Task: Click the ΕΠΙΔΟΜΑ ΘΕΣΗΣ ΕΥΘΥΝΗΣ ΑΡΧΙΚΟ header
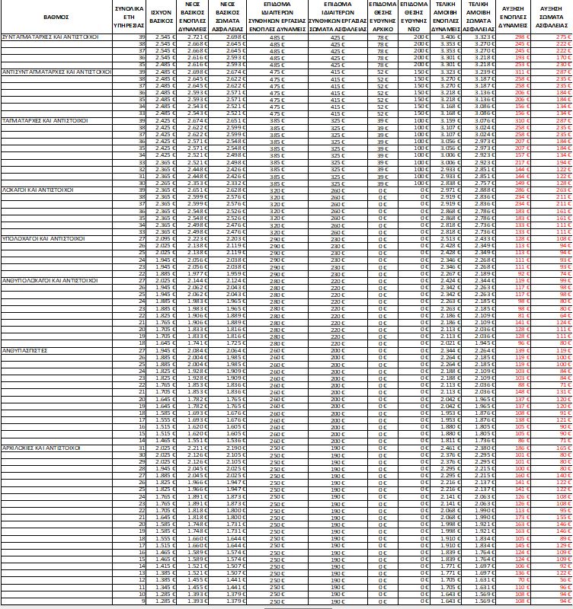[x=383, y=14]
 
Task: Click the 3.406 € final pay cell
[x=450, y=36]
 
